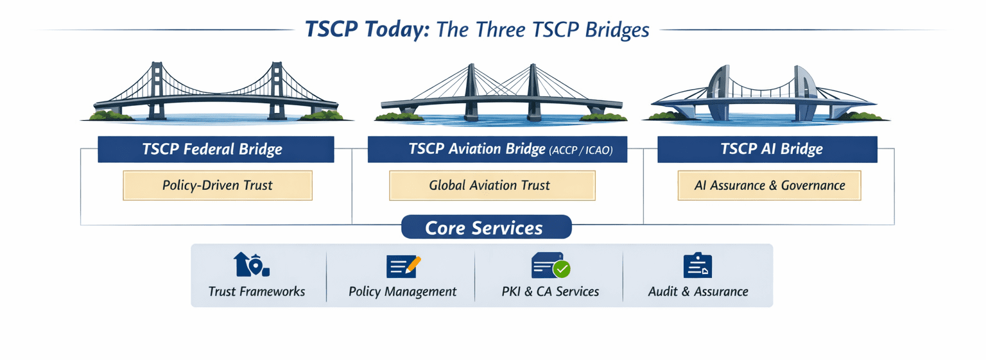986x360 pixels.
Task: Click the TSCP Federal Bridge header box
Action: coord(216,150)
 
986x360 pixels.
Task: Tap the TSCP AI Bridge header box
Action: coord(767,150)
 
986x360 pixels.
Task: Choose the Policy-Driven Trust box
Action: coord(217,185)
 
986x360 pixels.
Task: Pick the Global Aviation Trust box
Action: coord(492,185)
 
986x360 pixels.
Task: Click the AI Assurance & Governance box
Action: coord(769,185)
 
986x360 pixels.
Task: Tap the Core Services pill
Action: coord(486,227)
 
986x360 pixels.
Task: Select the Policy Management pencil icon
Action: coord(411,263)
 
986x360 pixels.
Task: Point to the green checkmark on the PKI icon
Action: coord(562,268)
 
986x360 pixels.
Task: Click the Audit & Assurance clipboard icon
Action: coord(697,266)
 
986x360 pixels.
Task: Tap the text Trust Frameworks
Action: coord(257,291)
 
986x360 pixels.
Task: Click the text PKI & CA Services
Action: coord(550,291)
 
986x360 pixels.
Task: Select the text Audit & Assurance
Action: coord(698,291)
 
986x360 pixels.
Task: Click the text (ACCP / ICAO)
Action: coord(580,151)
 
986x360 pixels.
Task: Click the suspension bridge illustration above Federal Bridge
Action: coord(216,92)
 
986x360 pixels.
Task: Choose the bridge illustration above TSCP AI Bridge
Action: coord(764,95)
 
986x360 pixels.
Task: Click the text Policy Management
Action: coord(402,291)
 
